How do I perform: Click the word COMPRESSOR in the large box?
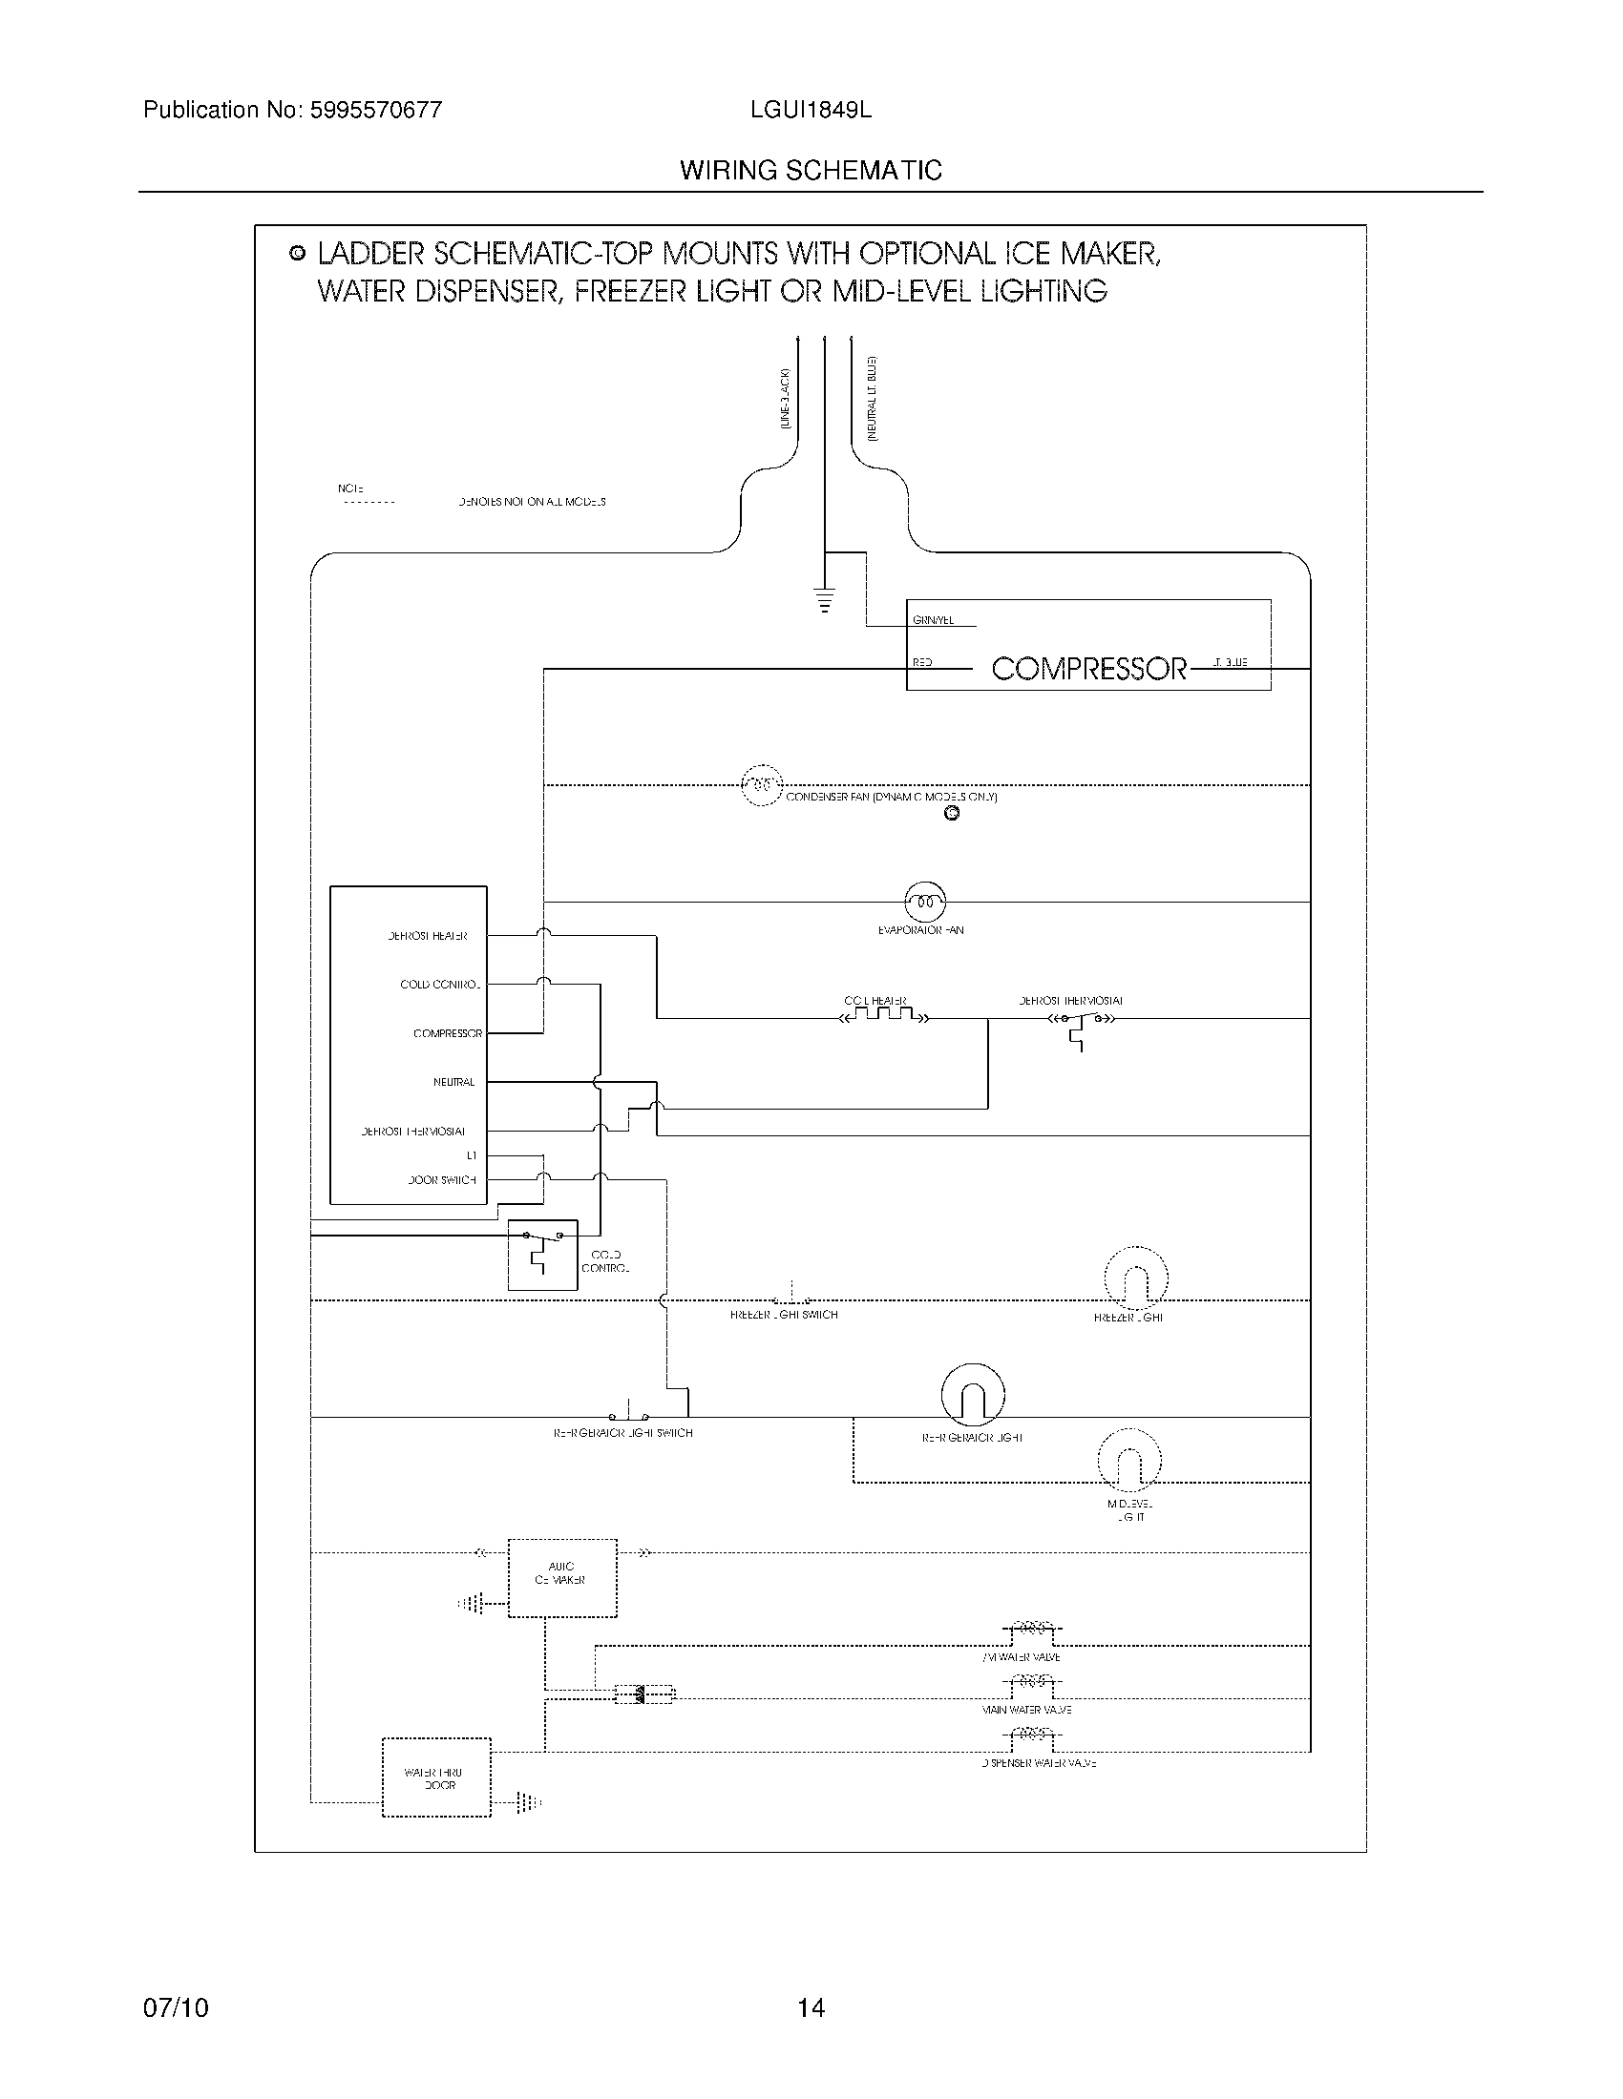[1088, 669]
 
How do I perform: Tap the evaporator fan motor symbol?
[925, 902]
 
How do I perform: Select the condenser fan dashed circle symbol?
[762, 785]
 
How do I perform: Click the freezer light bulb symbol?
[1135, 1279]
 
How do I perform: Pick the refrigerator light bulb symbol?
[972, 1396]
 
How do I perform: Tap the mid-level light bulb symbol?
[1129, 1461]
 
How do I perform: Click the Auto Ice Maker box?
[561, 1579]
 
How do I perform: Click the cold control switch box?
[542, 1255]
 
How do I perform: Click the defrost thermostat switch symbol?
[1082, 1021]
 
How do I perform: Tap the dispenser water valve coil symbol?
[1031, 1735]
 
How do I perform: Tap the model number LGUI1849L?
[811, 111]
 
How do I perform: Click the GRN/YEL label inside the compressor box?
[933, 622]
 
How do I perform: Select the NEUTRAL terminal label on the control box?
[453, 1082]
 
